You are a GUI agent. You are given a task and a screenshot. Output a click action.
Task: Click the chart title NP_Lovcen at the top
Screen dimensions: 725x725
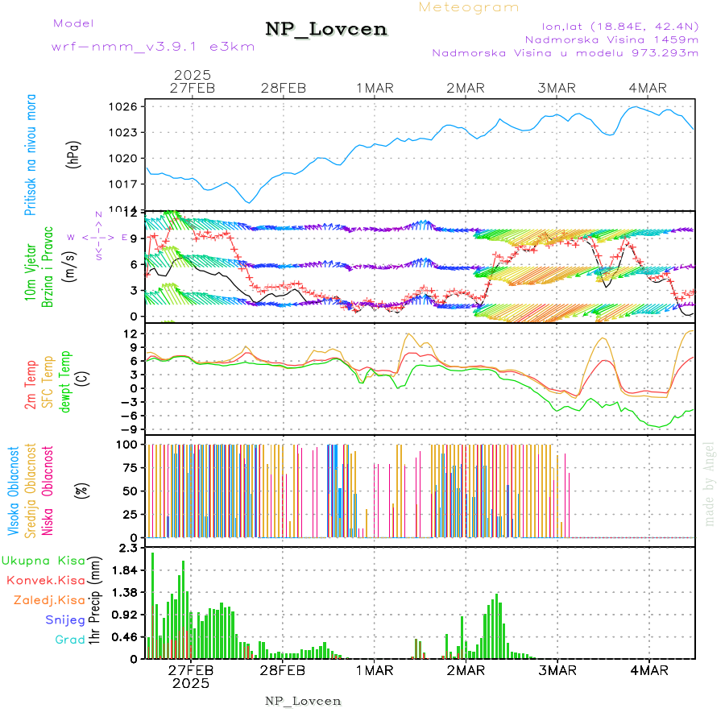click(x=325, y=30)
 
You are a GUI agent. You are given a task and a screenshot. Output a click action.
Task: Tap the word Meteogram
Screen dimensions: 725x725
click(x=469, y=7)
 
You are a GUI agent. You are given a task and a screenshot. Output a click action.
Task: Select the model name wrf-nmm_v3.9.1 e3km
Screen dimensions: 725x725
click(x=153, y=46)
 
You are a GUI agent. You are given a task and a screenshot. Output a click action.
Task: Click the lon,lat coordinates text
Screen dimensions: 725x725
click(x=611, y=24)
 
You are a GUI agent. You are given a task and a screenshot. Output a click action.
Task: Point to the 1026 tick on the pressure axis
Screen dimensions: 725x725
click(x=130, y=106)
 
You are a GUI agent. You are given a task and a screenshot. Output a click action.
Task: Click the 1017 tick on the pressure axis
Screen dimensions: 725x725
click(x=130, y=184)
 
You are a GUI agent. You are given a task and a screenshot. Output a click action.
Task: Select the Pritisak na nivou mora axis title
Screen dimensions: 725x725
click(x=31, y=155)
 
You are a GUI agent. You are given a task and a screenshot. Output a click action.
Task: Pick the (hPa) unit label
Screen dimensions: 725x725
click(x=73, y=155)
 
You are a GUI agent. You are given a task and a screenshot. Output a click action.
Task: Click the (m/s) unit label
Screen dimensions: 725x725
click(x=73, y=263)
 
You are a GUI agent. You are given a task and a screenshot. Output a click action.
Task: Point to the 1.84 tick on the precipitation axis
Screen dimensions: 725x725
click(x=126, y=570)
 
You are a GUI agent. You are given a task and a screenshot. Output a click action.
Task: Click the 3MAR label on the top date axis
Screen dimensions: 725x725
click(x=557, y=88)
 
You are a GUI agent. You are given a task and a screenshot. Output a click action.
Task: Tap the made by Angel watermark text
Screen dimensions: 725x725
click(x=710, y=483)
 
